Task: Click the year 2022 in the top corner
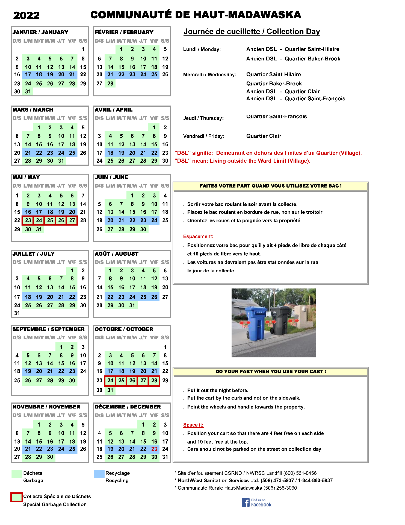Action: [26, 15]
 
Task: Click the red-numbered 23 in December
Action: [154, 449]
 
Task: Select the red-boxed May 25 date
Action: [50, 220]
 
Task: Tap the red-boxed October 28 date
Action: [154, 380]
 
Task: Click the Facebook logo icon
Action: [246, 502]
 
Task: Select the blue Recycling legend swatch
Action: [99, 474]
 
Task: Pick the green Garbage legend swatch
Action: [17, 474]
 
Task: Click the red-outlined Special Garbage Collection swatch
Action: [17, 497]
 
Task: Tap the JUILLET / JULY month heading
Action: [34, 254]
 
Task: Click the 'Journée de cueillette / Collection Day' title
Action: [252, 31]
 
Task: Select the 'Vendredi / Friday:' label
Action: [204, 136]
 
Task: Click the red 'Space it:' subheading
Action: [193, 425]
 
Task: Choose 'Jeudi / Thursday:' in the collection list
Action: [203, 118]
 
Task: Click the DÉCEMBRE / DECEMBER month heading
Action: [128, 407]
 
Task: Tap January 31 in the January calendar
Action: [28, 91]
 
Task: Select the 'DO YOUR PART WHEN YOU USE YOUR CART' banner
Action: [271, 371]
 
